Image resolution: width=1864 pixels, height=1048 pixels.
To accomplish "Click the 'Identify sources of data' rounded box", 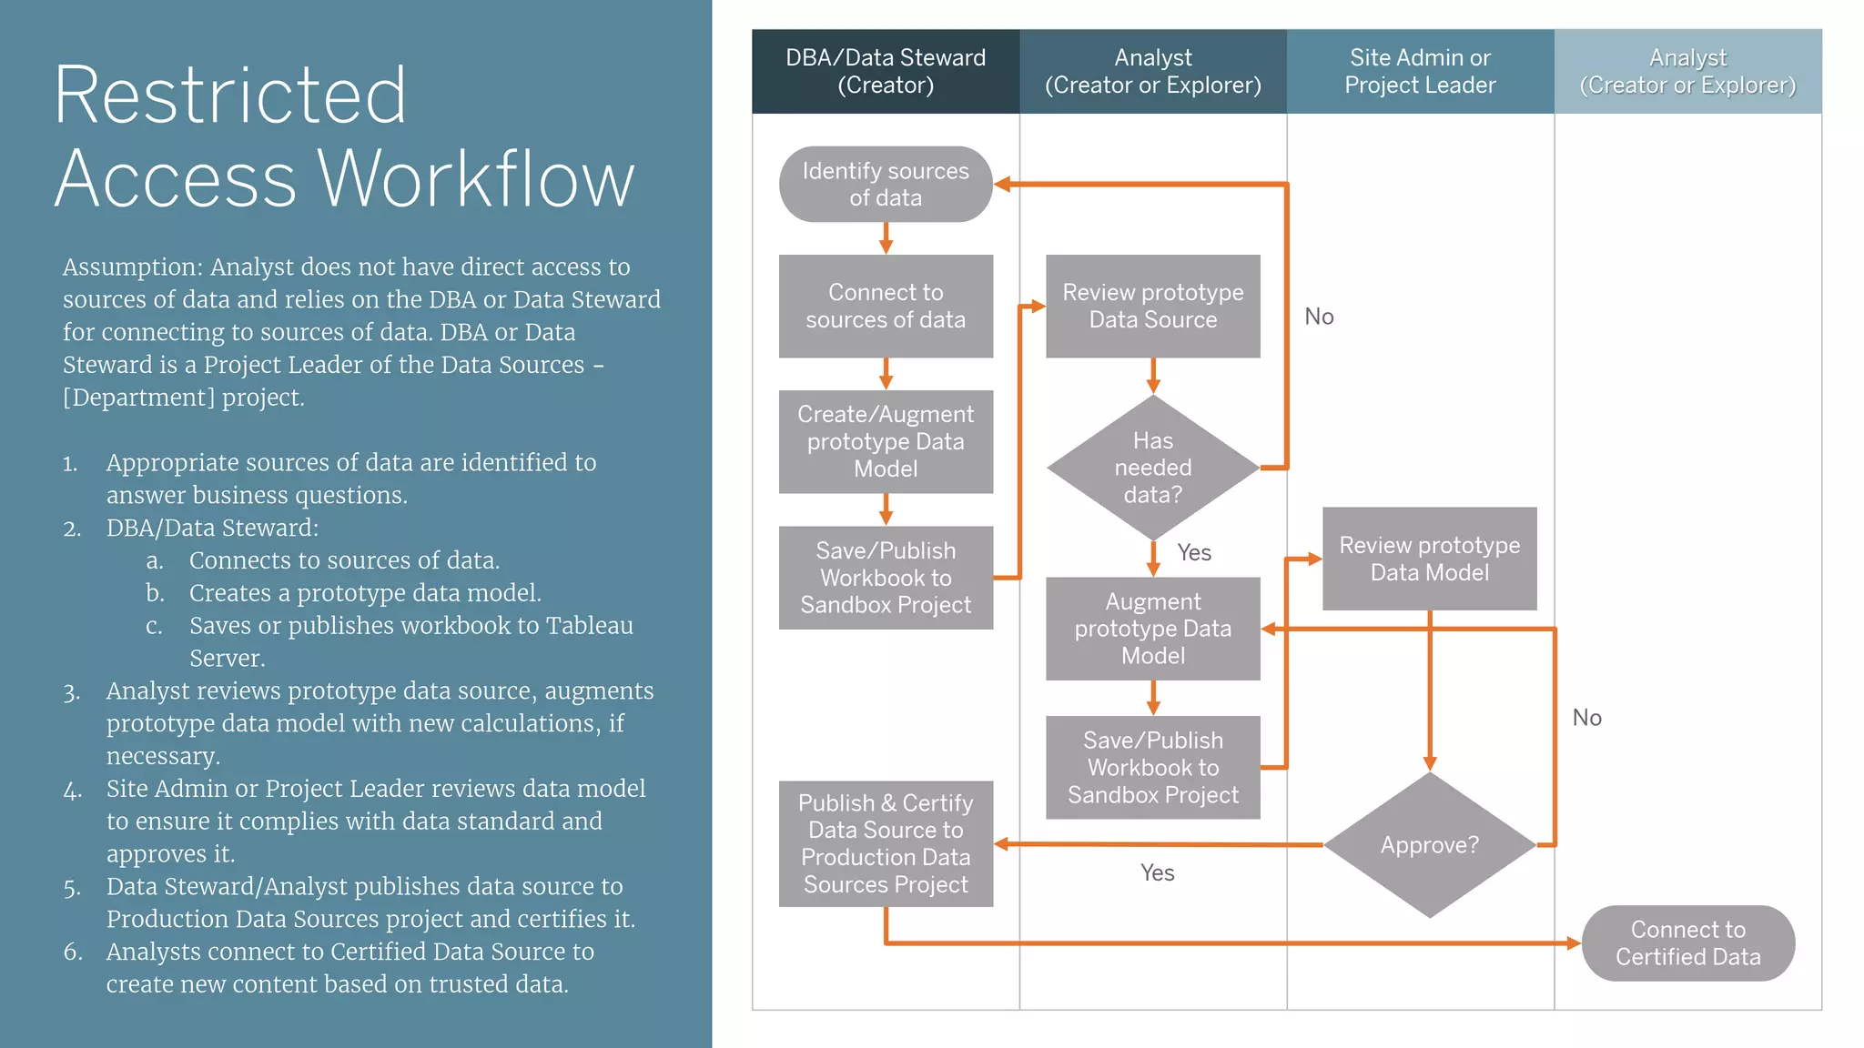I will [x=885, y=184].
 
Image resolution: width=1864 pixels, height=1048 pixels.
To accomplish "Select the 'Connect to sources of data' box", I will [x=885, y=306].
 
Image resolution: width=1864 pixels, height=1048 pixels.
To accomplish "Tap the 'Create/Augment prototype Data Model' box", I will [x=885, y=441].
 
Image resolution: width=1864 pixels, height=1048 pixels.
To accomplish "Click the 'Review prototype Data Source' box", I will [x=1152, y=306].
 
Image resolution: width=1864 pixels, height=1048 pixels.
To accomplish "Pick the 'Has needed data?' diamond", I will [x=1152, y=468].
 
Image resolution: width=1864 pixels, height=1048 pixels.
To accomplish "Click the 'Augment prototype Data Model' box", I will [x=1152, y=629].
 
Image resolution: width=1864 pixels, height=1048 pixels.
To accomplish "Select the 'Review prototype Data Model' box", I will [x=1429, y=559].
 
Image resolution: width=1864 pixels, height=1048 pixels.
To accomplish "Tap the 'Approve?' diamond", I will [x=1429, y=845].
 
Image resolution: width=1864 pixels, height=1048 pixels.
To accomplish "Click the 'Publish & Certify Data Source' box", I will [x=885, y=843].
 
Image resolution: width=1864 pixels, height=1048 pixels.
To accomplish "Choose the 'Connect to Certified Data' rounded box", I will [x=1687, y=942].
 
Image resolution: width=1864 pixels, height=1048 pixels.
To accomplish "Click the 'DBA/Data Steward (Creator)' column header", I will [x=885, y=71].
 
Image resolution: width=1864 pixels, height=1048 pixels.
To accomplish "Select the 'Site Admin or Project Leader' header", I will [x=1420, y=71].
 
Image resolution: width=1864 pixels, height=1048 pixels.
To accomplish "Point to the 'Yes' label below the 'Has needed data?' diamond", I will [x=1193, y=552].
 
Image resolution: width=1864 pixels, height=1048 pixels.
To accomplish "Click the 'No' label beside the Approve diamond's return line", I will [x=1586, y=718].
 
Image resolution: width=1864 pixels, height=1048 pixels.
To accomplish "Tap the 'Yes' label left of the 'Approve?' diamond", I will [x=1157, y=872].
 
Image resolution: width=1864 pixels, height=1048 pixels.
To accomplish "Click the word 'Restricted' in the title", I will [x=229, y=95].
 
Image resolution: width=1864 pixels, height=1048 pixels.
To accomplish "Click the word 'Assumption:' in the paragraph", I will [x=132, y=267].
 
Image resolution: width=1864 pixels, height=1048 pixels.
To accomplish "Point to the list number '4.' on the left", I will [x=72, y=790].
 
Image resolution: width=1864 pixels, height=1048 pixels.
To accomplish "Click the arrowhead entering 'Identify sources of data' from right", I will [x=1002, y=184].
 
